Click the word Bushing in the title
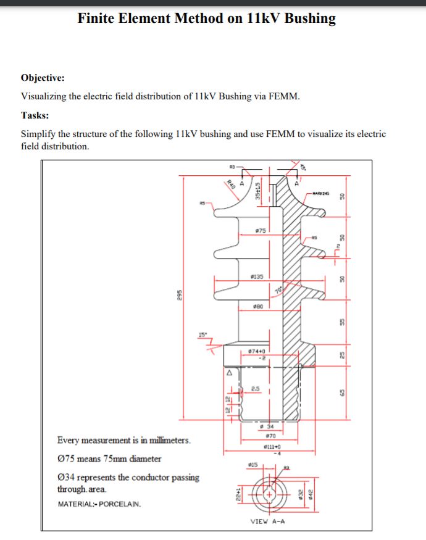click(x=307, y=19)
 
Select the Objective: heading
click(x=43, y=78)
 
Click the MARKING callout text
click(x=321, y=193)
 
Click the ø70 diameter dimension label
click(x=268, y=437)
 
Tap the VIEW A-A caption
click(x=267, y=521)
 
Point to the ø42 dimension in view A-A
click(x=311, y=494)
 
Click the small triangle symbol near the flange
click(x=228, y=372)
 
